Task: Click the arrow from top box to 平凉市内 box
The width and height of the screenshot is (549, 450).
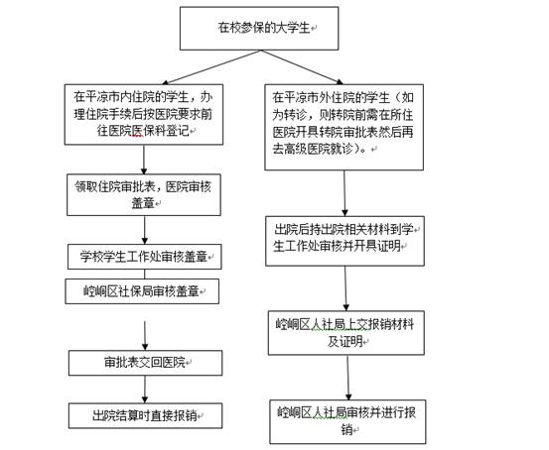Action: [x=211, y=67]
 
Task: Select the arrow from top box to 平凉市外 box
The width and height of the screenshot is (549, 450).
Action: [x=302, y=67]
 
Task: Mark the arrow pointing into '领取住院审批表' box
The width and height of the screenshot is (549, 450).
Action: [x=144, y=160]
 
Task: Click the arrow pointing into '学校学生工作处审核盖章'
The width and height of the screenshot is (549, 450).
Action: [x=145, y=230]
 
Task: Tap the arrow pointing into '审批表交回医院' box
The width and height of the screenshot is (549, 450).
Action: [x=145, y=336]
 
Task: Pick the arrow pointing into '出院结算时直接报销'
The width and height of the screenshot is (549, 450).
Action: [x=145, y=390]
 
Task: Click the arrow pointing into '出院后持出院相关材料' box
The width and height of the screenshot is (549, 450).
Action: [x=344, y=193]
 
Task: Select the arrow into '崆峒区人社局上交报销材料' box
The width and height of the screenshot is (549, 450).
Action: [x=345, y=288]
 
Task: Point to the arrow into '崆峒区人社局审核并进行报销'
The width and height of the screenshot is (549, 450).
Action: [x=348, y=378]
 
